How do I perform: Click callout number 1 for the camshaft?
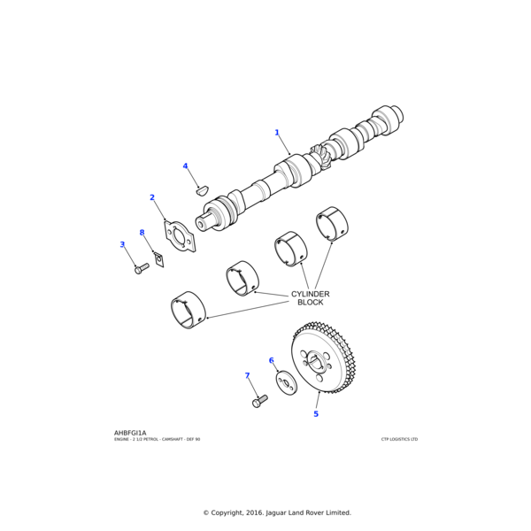(x=276, y=133)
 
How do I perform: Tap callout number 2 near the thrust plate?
(x=152, y=197)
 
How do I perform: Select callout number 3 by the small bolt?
(x=122, y=244)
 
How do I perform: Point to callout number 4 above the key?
(x=185, y=166)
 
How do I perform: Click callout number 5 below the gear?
(x=316, y=413)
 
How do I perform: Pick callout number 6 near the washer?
(x=271, y=360)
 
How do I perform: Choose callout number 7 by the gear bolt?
(x=247, y=376)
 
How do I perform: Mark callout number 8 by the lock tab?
(x=142, y=233)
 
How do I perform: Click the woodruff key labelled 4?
(x=201, y=189)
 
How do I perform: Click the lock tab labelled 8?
(x=159, y=258)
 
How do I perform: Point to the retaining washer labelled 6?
(x=286, y=383)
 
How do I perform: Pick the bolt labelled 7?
(x=259, y=401)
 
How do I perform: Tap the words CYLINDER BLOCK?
(x=310, y=298)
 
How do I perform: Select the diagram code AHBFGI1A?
(x=130, y=433)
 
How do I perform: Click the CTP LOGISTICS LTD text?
(x=399, y=439)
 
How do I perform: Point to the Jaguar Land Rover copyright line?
(x=277, y=512)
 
